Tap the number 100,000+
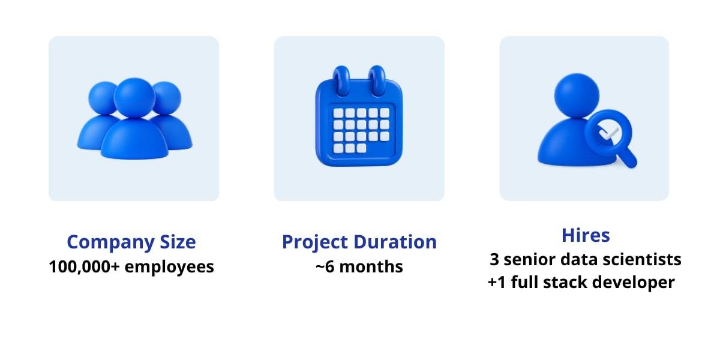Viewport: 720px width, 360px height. (84, 267)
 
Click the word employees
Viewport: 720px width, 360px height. (169, 268)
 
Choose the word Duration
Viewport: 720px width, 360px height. (395, 242)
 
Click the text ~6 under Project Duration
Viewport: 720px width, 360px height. (325, 267)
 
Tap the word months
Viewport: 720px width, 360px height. (371, 267)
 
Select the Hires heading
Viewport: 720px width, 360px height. (586, 235)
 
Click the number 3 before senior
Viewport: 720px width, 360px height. (494, 259)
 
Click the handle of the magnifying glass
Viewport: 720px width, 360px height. (628, 157)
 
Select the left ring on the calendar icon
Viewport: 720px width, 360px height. (341, 80)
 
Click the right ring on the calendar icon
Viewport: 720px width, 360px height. (377, 80)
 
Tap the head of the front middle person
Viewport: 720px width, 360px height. (134, 98)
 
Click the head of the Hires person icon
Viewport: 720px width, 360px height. (577, 96)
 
